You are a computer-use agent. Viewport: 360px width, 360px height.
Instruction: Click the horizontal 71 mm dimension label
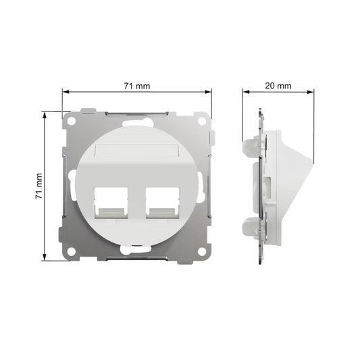pos(137,86)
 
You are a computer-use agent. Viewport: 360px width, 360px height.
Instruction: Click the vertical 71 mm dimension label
pos(39,186)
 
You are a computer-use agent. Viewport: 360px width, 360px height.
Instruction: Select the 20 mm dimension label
pos(278,86)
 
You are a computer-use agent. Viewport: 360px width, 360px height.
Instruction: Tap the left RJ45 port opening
pos(111,203)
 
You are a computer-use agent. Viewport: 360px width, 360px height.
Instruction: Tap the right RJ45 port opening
pos(163,203)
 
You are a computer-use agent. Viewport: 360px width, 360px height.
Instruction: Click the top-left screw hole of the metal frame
pos(72,121)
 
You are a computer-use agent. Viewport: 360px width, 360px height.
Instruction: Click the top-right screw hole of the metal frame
pos(202,121)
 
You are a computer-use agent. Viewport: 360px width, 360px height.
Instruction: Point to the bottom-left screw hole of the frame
pos(72,251)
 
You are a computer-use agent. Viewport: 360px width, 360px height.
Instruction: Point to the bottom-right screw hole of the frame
pos(202,251)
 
